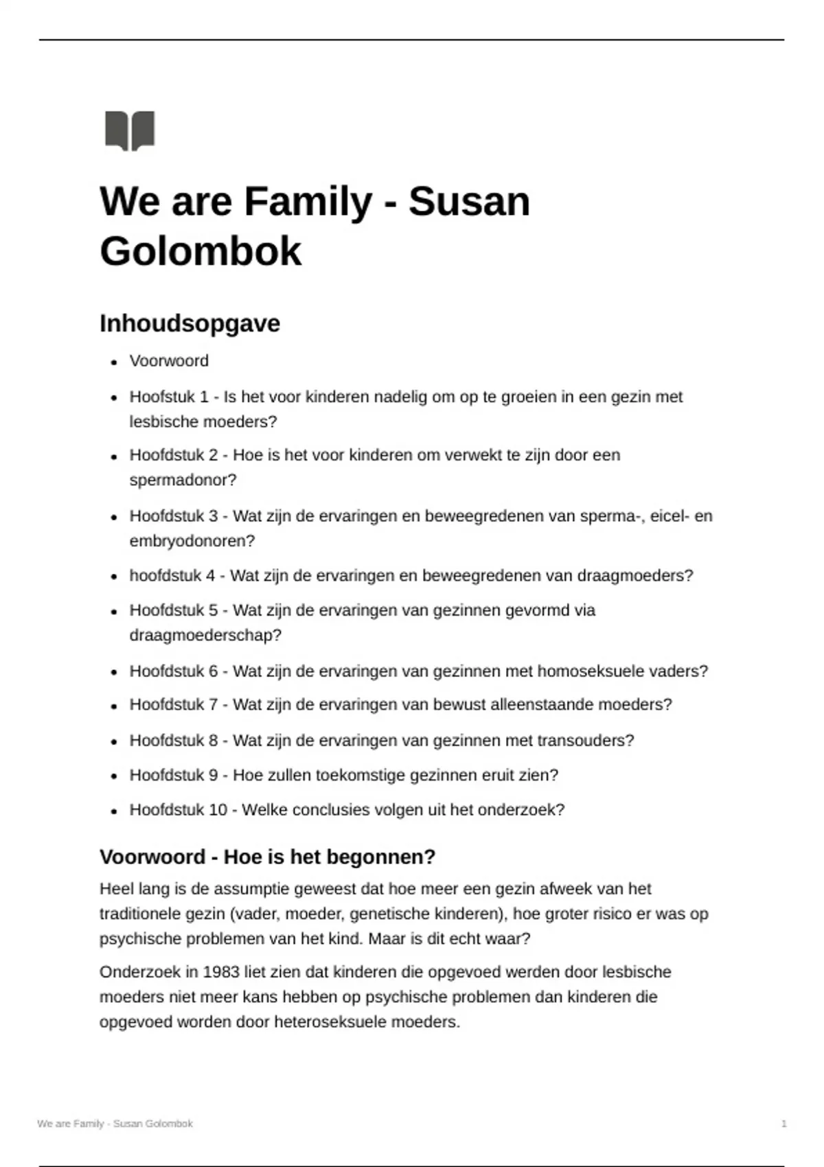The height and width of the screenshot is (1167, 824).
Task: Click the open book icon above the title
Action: click(x=130, y=130)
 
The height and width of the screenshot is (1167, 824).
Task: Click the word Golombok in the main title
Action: click(x=201, y=251)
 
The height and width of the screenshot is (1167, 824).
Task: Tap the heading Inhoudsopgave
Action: click(x=190, y=323)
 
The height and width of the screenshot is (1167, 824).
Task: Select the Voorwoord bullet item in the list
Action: click(x=169, y=361)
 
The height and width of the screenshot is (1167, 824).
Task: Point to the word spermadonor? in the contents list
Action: click(x=183, y=481)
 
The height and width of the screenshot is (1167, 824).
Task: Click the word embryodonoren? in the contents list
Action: click(x=192, y=541)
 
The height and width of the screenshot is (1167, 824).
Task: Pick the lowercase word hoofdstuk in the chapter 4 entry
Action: click(x=163, y=575)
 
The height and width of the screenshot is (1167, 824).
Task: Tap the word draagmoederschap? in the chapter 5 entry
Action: click(x=205, y=635)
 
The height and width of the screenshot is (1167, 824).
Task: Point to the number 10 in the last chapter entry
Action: click(x=218, y=810)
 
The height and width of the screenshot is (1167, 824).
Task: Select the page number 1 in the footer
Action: click(x=783, y=1124)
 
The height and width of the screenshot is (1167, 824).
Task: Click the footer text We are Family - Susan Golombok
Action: click(x=115, y=1124)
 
